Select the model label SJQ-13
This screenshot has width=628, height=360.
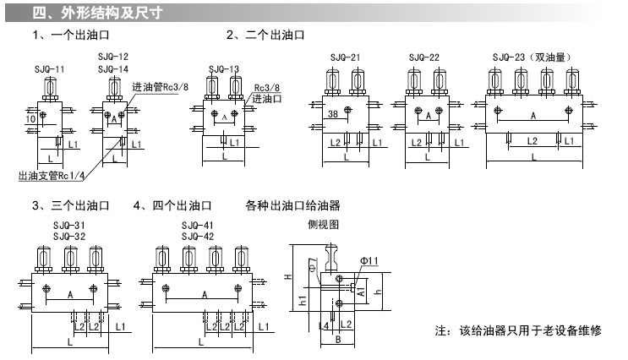222,68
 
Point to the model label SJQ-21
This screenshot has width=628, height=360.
344,57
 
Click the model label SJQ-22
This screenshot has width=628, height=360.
423,57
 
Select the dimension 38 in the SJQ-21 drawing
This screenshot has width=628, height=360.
333,114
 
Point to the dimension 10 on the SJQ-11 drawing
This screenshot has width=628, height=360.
30,120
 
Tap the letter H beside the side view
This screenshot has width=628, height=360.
288,276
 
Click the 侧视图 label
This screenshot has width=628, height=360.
324,226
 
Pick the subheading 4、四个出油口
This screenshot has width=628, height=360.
172,205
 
